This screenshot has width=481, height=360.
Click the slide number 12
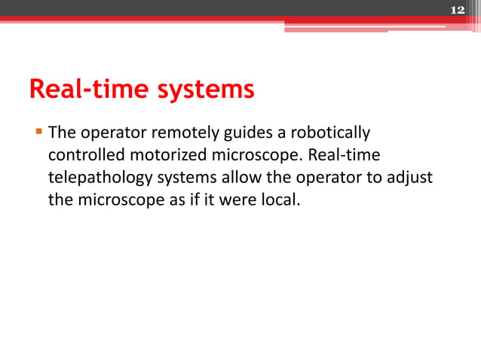coord(457,10)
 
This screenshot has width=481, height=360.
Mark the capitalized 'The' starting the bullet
coord(62,134)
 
